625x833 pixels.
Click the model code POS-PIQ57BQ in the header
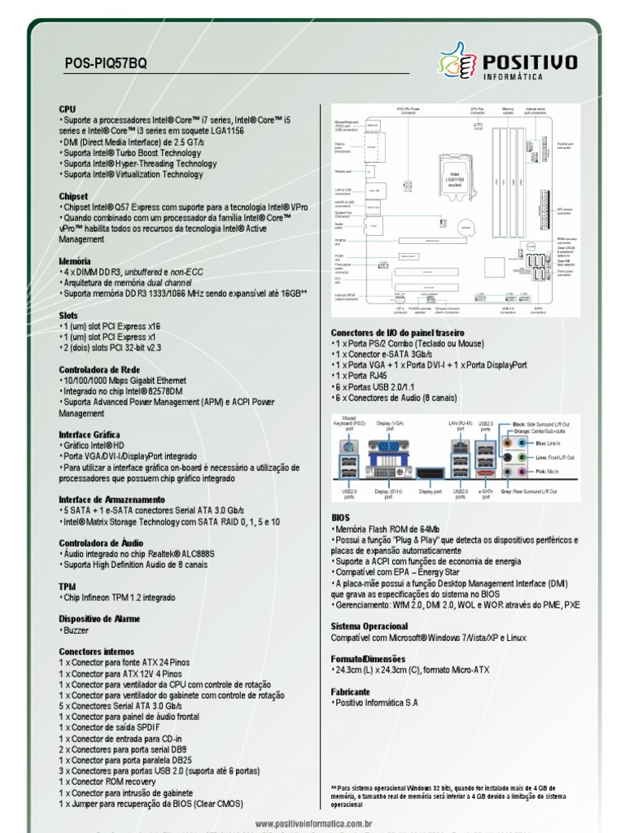coord(106,64)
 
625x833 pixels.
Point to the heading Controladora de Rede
coord(99,369)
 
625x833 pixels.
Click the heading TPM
coord(67,586)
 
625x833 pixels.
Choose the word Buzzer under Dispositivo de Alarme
coord(75,630)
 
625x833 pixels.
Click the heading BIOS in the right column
coord(340,517)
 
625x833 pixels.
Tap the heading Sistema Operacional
coord(369,626)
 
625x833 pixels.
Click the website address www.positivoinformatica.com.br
coord(313,824)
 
